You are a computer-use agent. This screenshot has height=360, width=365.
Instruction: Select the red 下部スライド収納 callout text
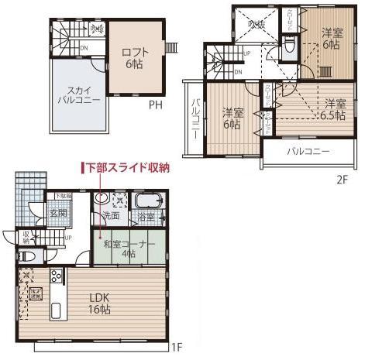[127, 167]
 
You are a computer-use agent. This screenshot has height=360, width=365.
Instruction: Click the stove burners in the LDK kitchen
[56, 275]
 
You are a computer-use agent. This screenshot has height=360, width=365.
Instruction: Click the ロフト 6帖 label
[135, 58]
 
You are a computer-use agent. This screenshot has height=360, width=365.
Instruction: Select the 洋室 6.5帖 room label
[336, 108]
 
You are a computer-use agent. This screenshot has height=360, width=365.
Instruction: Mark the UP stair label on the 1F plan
[69, 237]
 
